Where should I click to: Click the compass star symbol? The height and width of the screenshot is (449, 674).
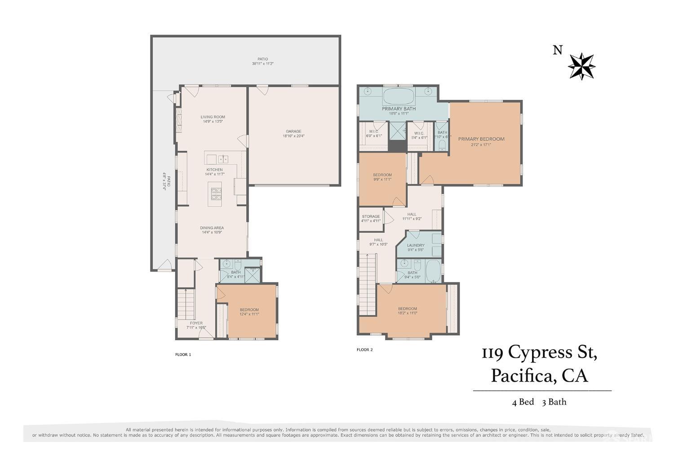pos(581,67)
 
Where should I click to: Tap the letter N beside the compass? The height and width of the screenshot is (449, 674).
pos(557,50)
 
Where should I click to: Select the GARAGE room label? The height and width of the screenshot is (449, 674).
pos(294,131)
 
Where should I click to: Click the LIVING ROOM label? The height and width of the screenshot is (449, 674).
pos(213,117)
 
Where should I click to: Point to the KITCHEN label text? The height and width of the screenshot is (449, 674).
pos(214,169)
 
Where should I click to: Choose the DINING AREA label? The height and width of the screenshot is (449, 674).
pos(212,228)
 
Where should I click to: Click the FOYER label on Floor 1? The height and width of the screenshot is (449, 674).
pos(196,323)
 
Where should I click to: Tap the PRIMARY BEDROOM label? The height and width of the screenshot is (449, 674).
pos(481,139)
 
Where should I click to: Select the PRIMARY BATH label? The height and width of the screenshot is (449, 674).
pos(399,109)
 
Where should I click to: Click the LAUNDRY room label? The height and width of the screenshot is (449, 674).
pos(416,245)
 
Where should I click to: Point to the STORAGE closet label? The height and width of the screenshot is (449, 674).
pos(371,216)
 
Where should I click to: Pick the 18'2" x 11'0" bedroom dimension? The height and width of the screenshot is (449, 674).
pos(408,313)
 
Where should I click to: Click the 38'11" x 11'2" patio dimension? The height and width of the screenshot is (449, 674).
pos(263,64)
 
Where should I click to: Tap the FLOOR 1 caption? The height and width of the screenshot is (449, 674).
pos(183,355)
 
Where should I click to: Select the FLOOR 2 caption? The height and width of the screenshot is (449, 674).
pos(364,350)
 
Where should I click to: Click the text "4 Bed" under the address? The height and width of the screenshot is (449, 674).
pos(523,402)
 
